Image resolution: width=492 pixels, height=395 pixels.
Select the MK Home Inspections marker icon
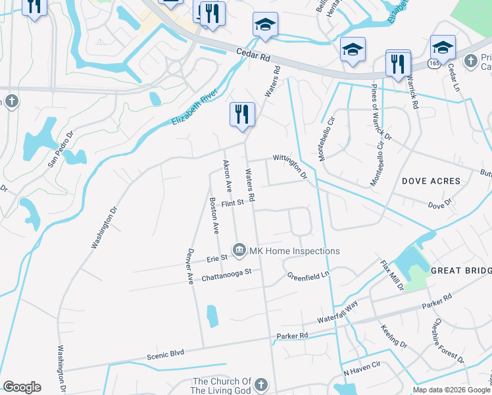[x=239, y=250]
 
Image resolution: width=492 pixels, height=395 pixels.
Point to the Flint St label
[x=233, y=204]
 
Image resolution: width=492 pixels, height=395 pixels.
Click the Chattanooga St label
[x=227, y=273]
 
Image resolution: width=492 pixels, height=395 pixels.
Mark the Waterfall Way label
[x=337, y=310]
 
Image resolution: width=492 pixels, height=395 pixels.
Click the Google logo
[x=22, y=387]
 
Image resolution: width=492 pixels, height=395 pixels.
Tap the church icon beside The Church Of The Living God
[x=261, y=384]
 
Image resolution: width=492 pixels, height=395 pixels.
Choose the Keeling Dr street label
[x=394, y=335]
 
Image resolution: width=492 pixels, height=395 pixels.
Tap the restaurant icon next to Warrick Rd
[x=398, y=63]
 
